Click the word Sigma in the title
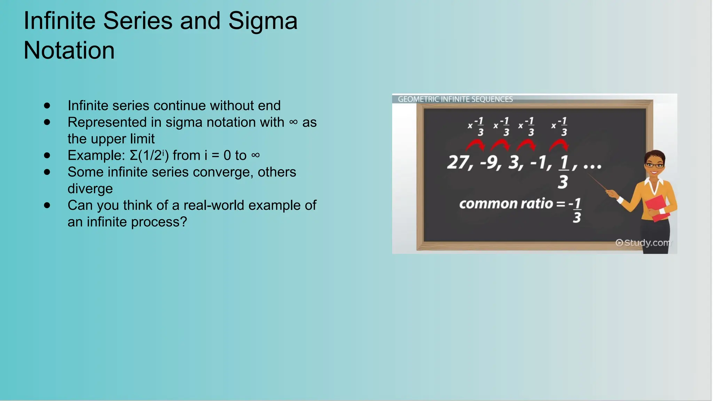coord(263,21)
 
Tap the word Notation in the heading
coord(69,50)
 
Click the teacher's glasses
coord(655,165)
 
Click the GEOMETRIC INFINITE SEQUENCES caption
coord(455,99)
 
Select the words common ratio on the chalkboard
coord(506,204)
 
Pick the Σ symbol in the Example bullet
coord(134,156)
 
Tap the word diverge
coord(90,189)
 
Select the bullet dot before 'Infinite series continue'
coord(47,105)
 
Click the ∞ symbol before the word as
coord(293,122)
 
